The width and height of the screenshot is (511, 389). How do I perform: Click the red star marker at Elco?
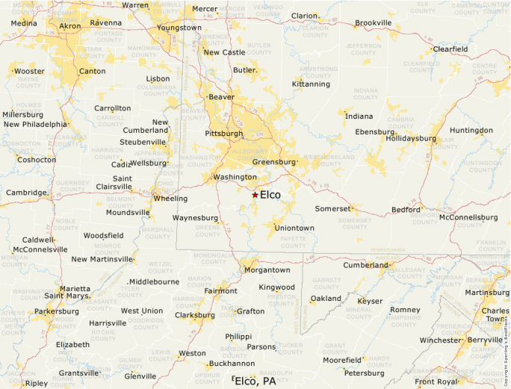point(255,195)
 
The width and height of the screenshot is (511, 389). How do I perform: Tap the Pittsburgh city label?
point(224,134)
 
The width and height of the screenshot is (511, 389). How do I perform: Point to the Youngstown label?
point(179,28)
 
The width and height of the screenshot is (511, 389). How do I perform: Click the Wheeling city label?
point(170,199)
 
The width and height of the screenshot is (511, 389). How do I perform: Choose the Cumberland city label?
point(365,265)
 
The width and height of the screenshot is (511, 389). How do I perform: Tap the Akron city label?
point(70,26)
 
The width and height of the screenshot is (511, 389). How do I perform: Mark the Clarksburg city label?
point(194,315)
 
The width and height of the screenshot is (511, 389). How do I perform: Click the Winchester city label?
point(440,340)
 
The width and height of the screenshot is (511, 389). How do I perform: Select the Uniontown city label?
point(294,228)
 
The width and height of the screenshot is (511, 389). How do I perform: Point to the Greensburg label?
point(274,162)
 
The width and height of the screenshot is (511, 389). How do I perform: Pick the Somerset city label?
point(332,209)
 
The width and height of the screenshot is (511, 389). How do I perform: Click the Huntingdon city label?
point(471,131)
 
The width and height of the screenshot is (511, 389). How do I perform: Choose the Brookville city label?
point(373,23)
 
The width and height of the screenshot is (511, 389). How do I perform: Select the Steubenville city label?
point(143,142)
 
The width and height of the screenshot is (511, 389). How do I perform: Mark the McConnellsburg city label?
point(468,217)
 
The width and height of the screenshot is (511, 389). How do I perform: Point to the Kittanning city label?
point(311,84)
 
